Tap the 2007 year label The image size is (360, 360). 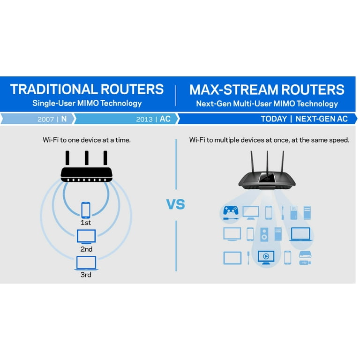(45, 119)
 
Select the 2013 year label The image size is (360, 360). (144, 119)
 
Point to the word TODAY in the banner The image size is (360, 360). (274, 119)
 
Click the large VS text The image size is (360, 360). (176, 204)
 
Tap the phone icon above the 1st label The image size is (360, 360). (86, 210)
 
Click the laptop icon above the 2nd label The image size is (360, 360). (86, 235)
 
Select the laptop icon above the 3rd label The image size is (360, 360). (86, 262)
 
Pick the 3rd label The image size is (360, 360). (86, 275)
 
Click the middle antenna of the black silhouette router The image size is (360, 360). (87, 157)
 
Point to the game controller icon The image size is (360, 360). (231, 213)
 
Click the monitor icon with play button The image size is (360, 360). (266, 257)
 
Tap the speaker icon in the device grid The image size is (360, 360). (264, 233)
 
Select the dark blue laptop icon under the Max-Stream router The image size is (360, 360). (300, 233)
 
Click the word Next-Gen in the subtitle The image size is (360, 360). (210, 104)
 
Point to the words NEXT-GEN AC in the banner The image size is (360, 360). (322, 119)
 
